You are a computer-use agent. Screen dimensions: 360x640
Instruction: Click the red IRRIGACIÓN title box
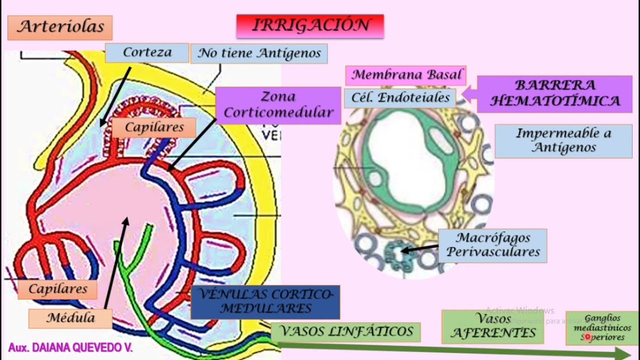click(x=310, y=26)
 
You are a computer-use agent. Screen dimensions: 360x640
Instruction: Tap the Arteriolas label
click(x=60, y=27)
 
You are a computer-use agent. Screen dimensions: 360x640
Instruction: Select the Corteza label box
click(x=147, y=52)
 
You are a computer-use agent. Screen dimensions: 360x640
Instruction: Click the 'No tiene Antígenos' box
click(x=259, y=53)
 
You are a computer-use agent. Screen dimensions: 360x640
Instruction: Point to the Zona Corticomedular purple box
click(x=278, y=105)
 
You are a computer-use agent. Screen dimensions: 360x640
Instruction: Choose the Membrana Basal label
click(x=405, y=75)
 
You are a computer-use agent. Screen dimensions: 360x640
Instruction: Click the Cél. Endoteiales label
click(x=400, y=97)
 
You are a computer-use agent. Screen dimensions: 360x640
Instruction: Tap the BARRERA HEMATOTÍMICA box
click(x=554, y=93)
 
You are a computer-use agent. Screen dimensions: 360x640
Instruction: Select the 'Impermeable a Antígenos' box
click(x=563, y=140)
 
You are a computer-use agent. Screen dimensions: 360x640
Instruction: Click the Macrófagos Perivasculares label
click(x=492, y=245)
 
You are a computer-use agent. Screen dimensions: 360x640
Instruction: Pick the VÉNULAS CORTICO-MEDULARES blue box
click(x=265, y=301)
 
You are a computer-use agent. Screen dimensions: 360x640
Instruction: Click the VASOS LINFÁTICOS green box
click(x=345, y=331)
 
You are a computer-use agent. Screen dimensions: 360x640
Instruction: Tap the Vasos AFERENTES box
click(x=492, y=326)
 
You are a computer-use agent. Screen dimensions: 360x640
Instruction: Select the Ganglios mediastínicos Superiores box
click(x=602, y=327)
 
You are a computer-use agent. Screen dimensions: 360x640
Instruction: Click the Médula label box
click(x=70, y=318)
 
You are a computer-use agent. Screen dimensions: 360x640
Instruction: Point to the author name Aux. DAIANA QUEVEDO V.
click(x=70, y=347)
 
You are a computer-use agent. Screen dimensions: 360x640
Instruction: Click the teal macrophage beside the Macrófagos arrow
click(x=395, y=251)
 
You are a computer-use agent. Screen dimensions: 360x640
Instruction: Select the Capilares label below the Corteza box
click(x=154, y=127)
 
